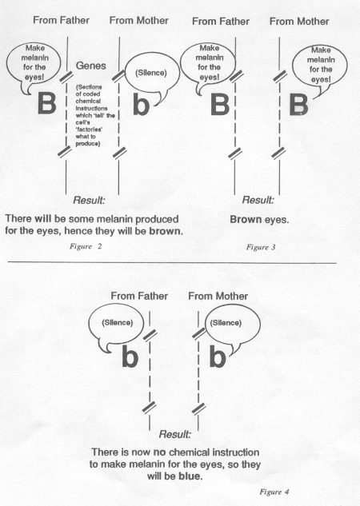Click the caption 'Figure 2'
pyautogui.click(x=86, y=246)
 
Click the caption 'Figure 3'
pyautogui.click(x=261, y=248)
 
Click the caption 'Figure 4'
pyautogui.click(x=274, y=492)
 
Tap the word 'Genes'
pyautogui.click(x=90, y=66)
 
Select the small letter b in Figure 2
pyautogui.click(x=141, y=105)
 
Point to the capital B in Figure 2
pyautogui.click(x=47, y=103)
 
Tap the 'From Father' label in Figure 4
pyautogui.click(x=139, y=296)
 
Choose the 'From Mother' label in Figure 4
pyautogui.click(x=218, y=296)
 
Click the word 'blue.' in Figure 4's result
pyautogui.click(x=190, y=476)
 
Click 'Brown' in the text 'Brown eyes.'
pyautogui.click(x=246, y=220)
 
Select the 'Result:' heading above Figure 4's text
pyautogui.click(x=175, y=434)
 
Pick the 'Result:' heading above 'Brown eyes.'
pyautogui.click(x=258, y=200)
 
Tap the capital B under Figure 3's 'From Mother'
pyautogui.click(x=298, y=105)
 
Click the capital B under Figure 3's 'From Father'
pyautogui.click(x=220, y=104)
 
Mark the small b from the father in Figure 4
pyautogui.click(x=130, y=356)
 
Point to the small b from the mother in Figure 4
pyautogui.click(x=218, y=357)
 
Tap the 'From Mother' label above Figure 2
pyautogui.click(x=139, y=21)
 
